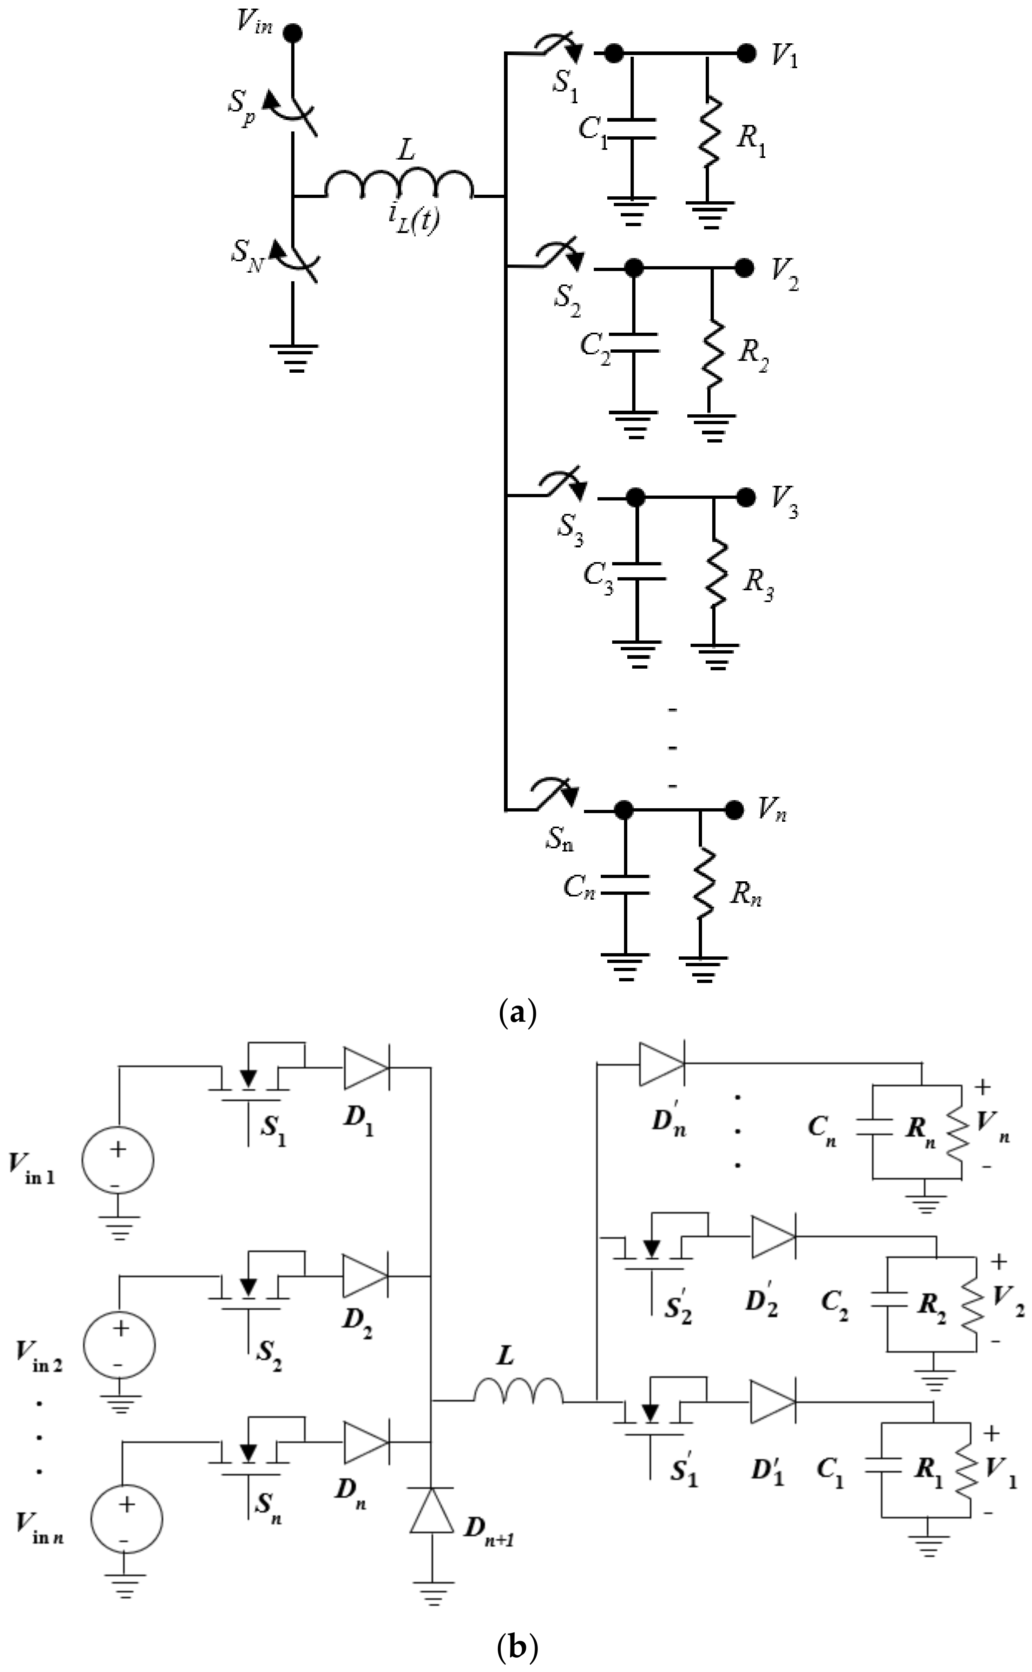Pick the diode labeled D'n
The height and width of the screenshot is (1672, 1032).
(661, 1083)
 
